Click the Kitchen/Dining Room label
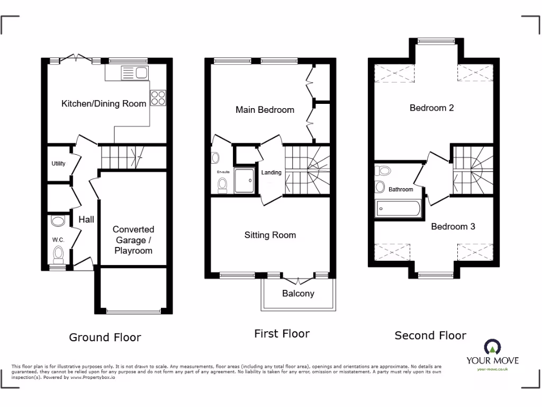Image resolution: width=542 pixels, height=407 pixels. pos(104,103)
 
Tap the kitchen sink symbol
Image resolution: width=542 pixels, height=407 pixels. pos(134,73)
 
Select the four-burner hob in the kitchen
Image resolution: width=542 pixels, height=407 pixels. pos(158,98)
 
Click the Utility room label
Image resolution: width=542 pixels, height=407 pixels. pos(58,164)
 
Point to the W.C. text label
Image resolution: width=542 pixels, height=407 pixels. pos(58,240)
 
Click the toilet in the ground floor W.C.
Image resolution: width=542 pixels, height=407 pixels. pos(58,254)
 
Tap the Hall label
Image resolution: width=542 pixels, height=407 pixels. pos(86,219)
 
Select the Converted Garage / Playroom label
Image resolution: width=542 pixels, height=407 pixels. pos(133,240)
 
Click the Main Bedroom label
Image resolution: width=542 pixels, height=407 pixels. pos(265,110)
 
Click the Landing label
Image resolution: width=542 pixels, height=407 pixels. pos(272,173)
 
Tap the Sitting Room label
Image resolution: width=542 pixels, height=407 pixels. pos(270,235)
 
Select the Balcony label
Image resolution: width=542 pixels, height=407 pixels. pos(298,294)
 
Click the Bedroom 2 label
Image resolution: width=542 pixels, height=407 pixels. pos(431,108)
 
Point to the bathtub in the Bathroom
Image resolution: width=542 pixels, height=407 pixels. pos(398,209)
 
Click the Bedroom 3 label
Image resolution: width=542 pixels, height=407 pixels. pos(453,226)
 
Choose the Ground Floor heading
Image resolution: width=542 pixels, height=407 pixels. pos(105,337)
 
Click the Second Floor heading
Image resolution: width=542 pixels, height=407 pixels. pos(430,335)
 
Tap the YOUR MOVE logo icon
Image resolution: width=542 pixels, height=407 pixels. pos(492,348)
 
